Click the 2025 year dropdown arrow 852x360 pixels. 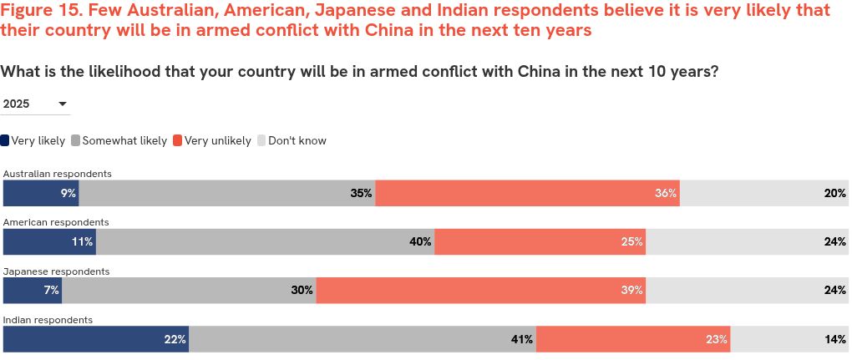[x=63, y=104]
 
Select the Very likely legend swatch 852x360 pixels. [x=5, y=141]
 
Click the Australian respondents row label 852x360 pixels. [x=58, y=174]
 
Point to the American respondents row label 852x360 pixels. [x=56, y=222]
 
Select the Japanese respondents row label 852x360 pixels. [x=57, y=271]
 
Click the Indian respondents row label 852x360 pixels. [x=48, y=320]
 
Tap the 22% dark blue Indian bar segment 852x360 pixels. [x=96, y=339]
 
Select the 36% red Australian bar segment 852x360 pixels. [x=527, y=193]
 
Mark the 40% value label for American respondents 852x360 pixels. [x=420, y=242]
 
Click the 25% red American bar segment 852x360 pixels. [x=540, y=242]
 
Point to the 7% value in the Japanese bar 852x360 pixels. [x=52, y=291]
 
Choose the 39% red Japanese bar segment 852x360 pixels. [x=480, y=291]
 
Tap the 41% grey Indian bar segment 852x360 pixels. [x=363, y=339]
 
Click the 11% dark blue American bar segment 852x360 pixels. [x=49, y=242]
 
